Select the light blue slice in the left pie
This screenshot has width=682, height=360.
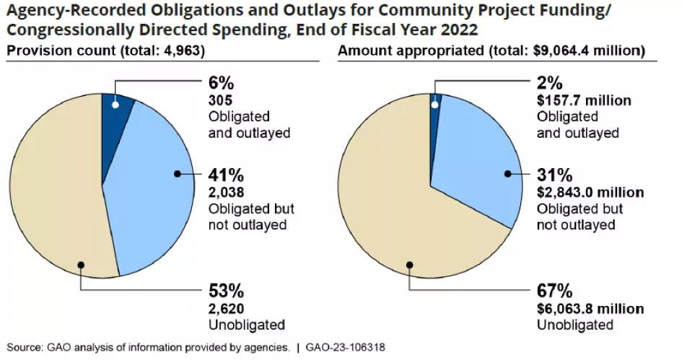[155, 188]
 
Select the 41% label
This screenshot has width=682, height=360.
[224, 175]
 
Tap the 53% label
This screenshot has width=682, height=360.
[225, 291]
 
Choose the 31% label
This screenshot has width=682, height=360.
[554, 175]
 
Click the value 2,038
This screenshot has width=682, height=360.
[226, 193]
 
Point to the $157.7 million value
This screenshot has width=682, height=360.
[584, 101]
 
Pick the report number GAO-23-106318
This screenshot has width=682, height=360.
[344, 347]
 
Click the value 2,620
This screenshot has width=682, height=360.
[226, 309]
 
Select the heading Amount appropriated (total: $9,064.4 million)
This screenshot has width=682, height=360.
[491, 51]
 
